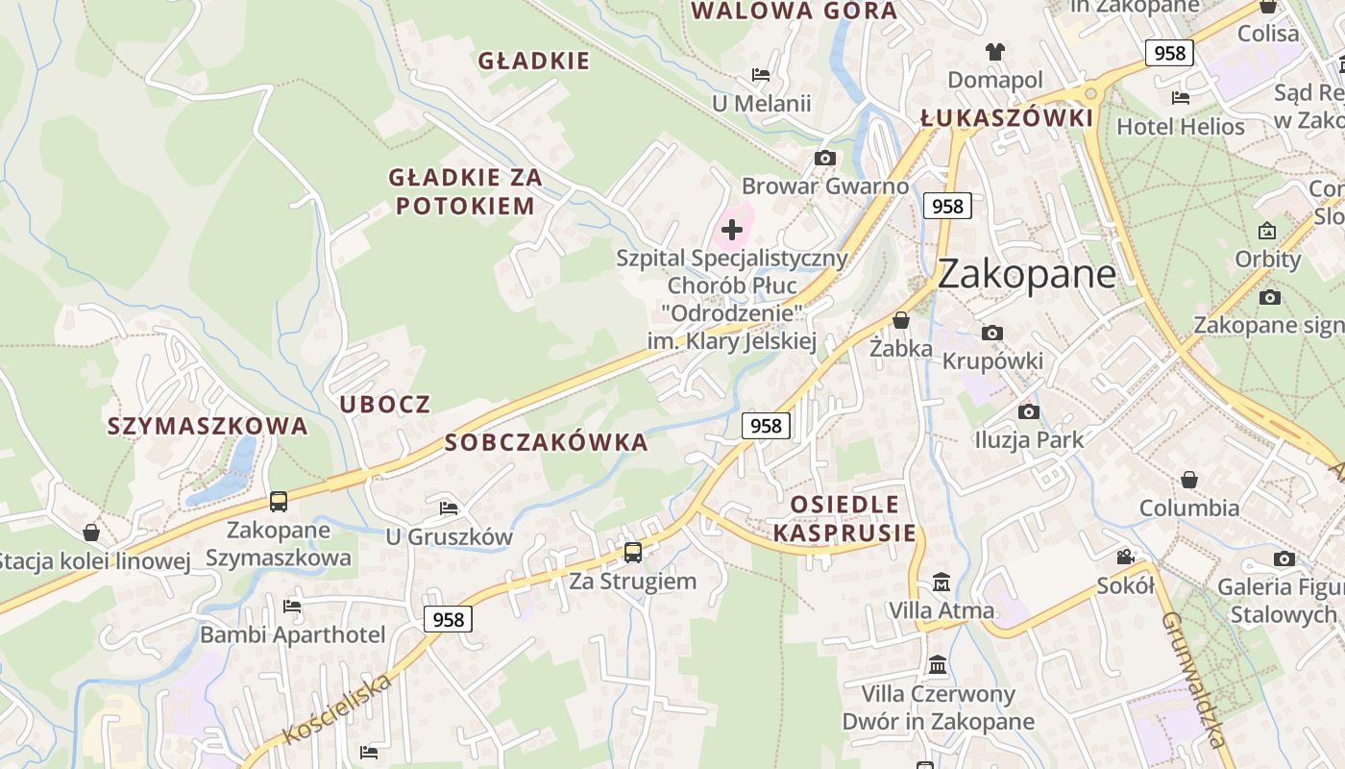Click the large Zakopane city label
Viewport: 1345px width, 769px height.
[x=1026, y=274]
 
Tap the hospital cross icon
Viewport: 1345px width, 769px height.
[x=732, y=230]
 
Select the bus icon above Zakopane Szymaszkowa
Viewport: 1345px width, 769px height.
[x=279, y=501]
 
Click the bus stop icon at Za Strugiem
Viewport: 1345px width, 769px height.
[x=632, y=552]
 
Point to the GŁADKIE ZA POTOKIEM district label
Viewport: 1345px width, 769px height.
[x=465, y=191]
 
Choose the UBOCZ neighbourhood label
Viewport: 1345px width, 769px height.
[x=385, y=405]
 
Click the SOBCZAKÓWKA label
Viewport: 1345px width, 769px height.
[x=547, y=443]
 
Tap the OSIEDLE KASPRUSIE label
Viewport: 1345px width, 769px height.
[x=845, y=518]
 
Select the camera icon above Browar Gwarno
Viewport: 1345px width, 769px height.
[x=824, y=158]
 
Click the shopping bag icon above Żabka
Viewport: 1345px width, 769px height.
[x=901, y=320]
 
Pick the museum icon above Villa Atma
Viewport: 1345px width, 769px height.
[x=941, y=583]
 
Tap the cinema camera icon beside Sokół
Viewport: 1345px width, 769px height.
[x=1125, y=557]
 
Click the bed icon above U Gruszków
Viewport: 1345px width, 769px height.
[x=449, y=508]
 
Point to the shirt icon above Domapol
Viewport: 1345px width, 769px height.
[x=994, y=51]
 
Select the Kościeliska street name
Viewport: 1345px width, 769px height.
[x=338, y=709]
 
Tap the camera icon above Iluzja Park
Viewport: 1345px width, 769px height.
[x=1029, y=411]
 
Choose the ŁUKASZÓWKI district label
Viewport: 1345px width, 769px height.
[x=1006, y=118]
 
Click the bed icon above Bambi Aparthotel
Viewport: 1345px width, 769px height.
[x=292, y=606]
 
